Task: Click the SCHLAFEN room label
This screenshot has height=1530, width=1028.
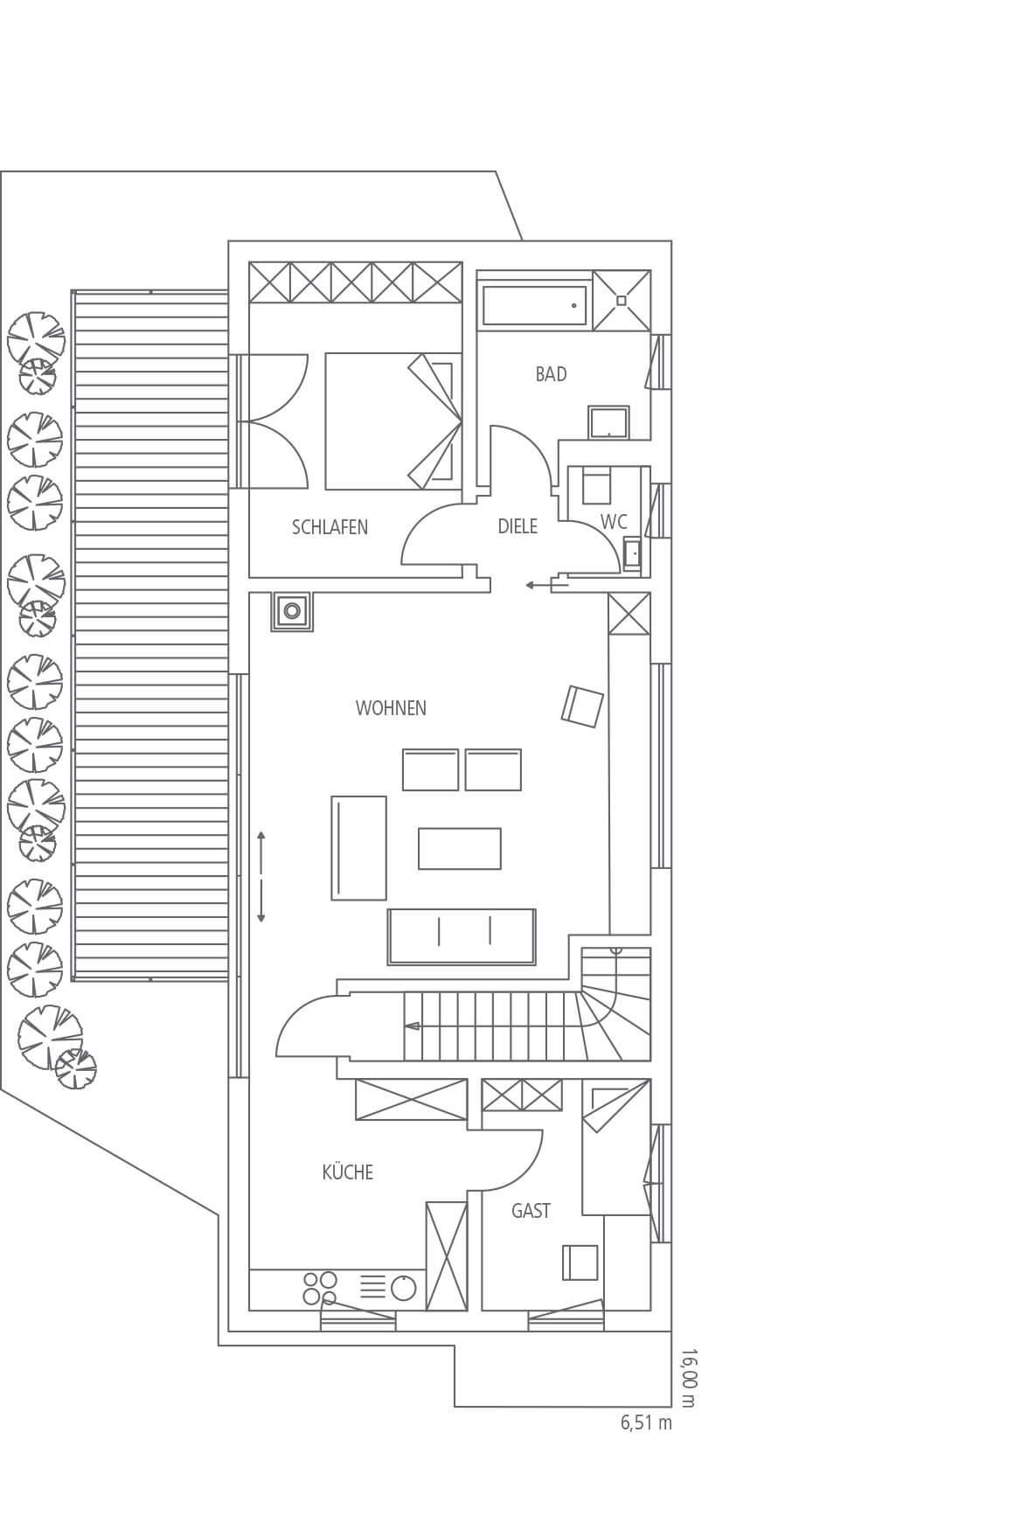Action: coord(330,527)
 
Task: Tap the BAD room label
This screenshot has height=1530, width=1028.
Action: coord(551,374)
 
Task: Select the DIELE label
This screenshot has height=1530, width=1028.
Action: coord(517,526)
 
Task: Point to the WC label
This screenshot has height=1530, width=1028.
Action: coord(614,522)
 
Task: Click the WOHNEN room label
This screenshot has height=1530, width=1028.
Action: coord(391,708)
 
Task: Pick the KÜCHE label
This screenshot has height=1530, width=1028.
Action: coord(348,1172)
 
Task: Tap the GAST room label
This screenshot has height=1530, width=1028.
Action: coord(531,1211)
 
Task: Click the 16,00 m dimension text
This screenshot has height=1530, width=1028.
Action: coord(688,1378)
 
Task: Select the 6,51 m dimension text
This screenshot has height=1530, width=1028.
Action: coord(647,1422)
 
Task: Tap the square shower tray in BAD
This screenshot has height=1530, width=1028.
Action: coord(622,301)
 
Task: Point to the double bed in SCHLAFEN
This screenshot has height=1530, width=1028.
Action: coord(393,421)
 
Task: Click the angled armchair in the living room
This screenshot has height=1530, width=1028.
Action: coord(582,706)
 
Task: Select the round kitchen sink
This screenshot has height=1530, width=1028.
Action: coord(403,1288)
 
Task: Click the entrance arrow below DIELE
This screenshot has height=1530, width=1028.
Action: coord(538,585)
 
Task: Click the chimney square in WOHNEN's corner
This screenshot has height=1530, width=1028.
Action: coord(293,610)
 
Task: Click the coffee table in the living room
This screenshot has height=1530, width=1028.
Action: coord(460,849)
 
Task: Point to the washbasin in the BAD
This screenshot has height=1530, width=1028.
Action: coord(608,422)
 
